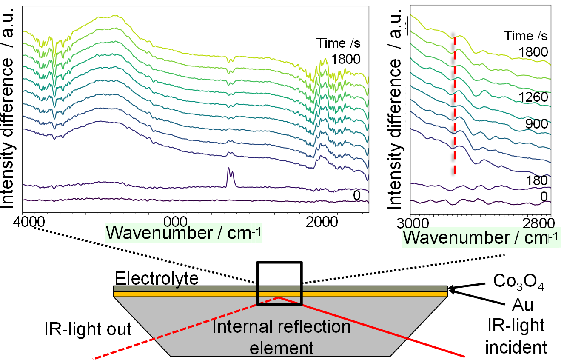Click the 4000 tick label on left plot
click(29, 222)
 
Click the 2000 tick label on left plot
click(322, 222)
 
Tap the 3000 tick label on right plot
click(413, 223)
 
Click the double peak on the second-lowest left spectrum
click(231, 177)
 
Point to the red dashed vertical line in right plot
click(455, 105)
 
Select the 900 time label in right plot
click(536, 124)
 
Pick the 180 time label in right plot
click(536, 180)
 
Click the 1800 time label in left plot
click(345, 60)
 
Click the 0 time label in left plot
click(357, 195)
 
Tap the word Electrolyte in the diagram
click(157, 279)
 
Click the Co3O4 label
click(518, 282)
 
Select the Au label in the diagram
click(522, 305)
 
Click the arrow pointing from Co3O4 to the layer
click(467, 286)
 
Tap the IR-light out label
click(88, 329)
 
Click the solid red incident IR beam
click(371, 327)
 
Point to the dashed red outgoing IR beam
click(186, 328)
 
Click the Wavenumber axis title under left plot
click(183, 233)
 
